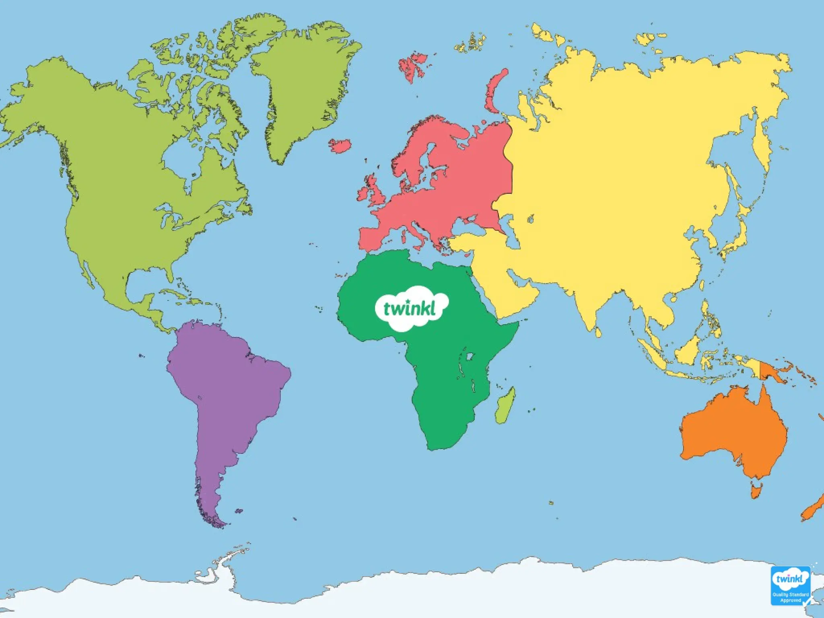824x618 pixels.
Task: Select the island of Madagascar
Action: point(505,406)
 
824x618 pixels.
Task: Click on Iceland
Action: point(340,145)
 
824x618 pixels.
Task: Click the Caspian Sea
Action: point(513,237)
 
